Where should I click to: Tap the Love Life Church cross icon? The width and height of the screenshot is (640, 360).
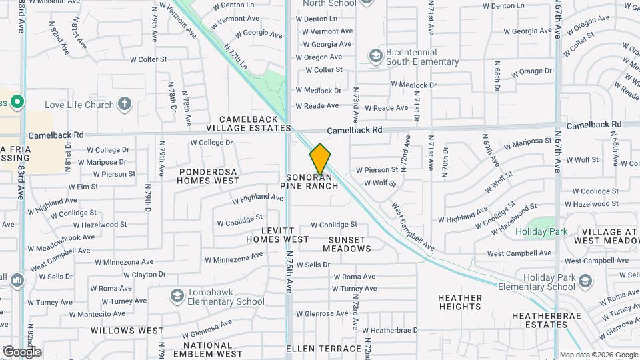click(124, 104)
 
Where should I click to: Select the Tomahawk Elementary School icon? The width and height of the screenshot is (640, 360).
click(177, 295)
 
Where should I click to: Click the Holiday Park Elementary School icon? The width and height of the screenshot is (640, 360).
click(585, 281)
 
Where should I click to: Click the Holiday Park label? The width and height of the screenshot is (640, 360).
click(550, 232)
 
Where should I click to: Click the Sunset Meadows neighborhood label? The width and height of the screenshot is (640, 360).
click(347, 244)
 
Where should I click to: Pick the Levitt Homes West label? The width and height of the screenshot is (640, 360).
click(277, 234)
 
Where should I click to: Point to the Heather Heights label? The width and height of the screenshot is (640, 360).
click(460, 302)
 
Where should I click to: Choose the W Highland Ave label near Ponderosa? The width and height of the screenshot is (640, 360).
click(257, 198)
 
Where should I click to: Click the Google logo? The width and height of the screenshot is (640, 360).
click(21, 351)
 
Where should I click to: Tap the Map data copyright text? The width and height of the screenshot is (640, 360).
click(598, 355)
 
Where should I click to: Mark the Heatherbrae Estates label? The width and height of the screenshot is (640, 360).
click(540, 320)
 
